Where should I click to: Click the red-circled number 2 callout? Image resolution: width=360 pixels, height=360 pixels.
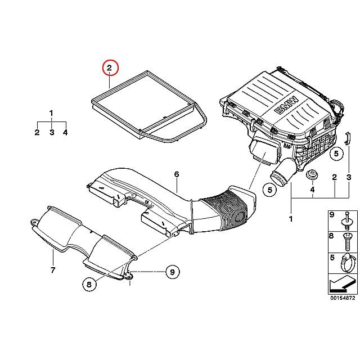point(110,69)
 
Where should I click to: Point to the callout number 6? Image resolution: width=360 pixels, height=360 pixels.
point(176,174)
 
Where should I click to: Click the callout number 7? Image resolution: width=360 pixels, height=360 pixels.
point(52,271)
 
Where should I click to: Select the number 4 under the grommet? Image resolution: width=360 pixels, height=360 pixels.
point(312,190)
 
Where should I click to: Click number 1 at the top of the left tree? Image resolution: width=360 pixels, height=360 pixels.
point(51,113)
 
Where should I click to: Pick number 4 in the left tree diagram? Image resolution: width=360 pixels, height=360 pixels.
point(66,132)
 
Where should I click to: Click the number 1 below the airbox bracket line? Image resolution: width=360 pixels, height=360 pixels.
point(291,218)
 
